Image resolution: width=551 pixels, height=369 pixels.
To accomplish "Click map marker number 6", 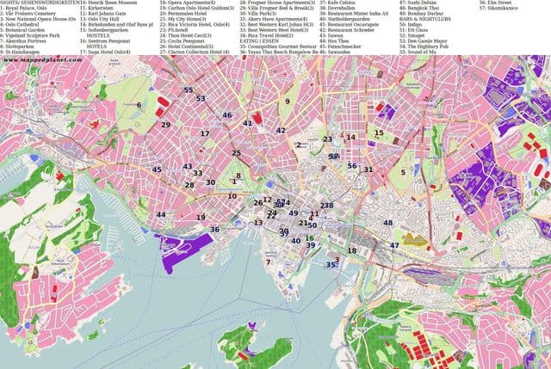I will tap(139, 105).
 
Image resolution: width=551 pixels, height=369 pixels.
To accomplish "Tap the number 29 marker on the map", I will tap(165, 125).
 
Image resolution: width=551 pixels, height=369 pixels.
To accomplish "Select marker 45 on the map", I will tap(157, 169).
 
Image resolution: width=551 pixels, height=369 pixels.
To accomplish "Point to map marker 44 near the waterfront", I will tap(161, 215).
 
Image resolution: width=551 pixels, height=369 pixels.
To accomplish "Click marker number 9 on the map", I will tap(288, 101).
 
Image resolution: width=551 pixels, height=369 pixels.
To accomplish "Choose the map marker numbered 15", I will tap(379, 132).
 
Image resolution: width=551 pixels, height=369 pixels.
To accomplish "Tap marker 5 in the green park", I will tap(403, 172).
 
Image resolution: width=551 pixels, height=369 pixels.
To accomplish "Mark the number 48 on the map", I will tap(387, 223).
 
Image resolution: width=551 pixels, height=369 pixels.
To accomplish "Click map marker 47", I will tap(393, 245).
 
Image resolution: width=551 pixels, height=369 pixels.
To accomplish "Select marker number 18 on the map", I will tap(352, 249).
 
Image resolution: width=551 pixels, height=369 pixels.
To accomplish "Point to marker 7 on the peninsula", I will tap(268, 261).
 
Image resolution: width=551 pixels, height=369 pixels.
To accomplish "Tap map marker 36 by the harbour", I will tap(214, 230).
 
